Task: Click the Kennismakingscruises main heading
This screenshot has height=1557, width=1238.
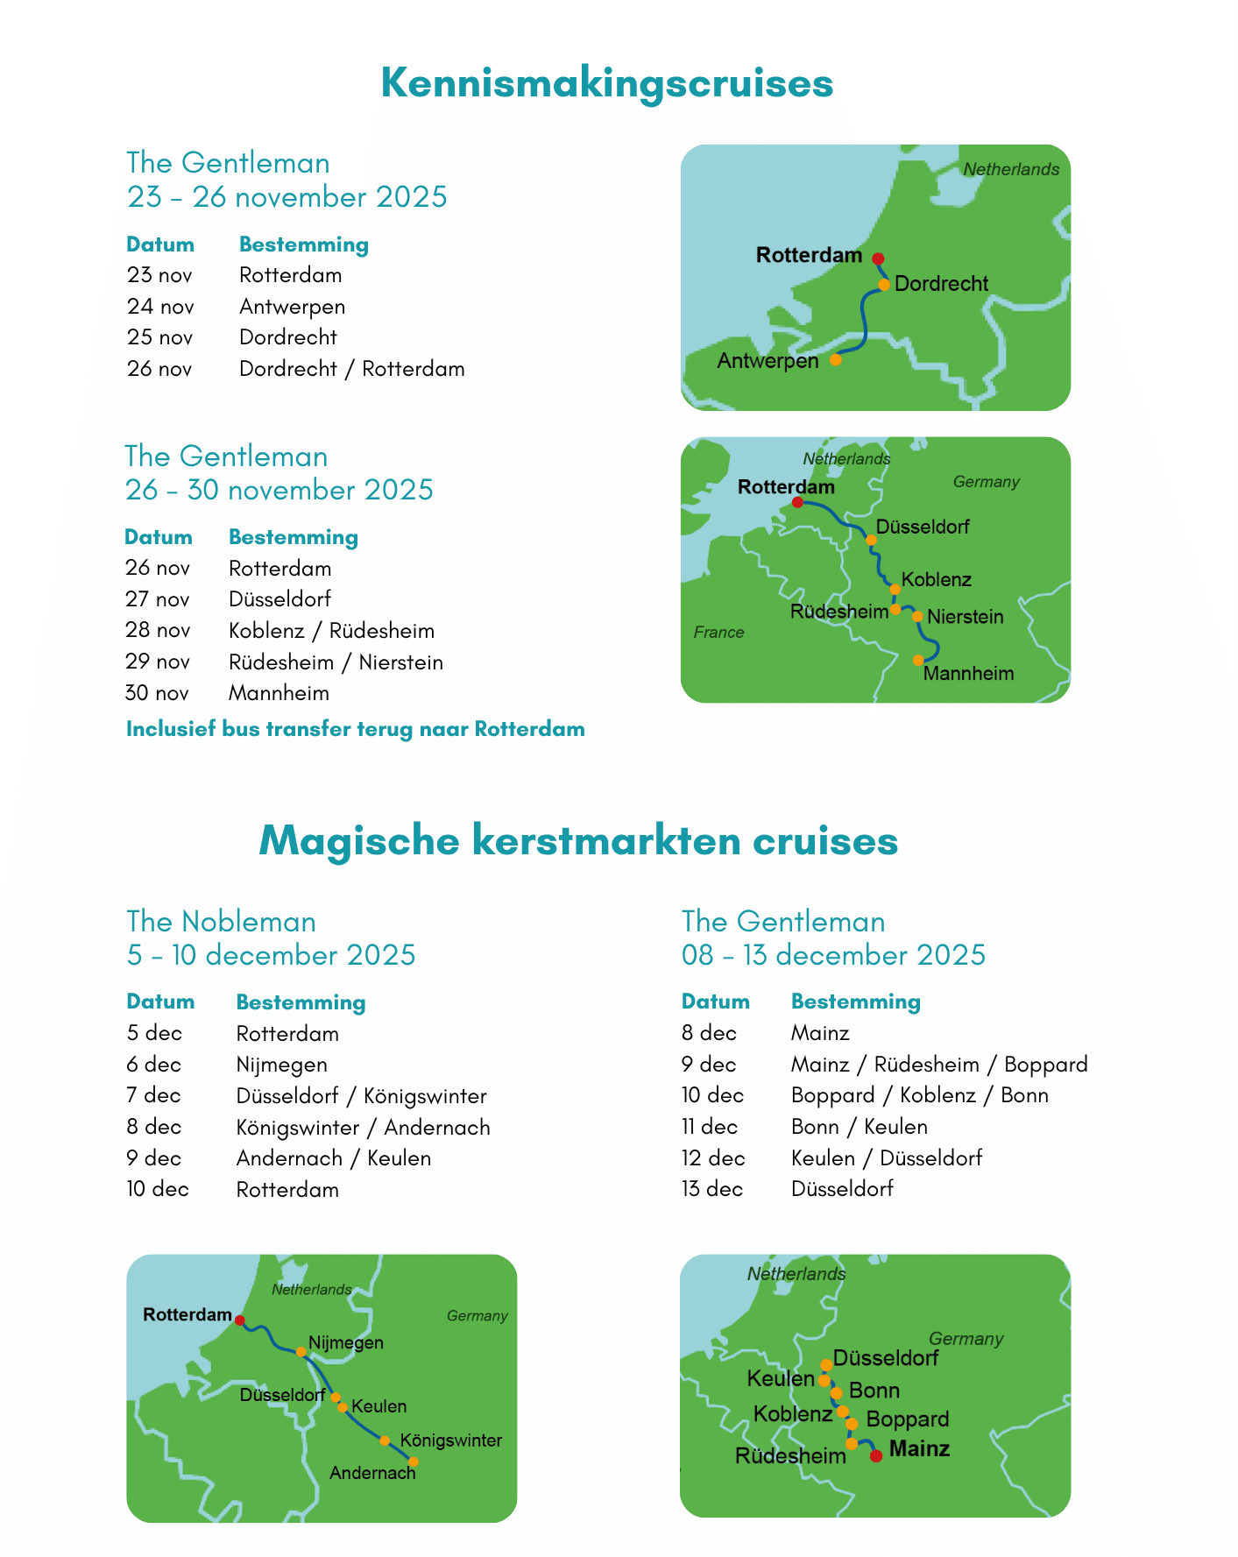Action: [606, 83]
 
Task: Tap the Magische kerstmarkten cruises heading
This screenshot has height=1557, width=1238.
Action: [578, 840]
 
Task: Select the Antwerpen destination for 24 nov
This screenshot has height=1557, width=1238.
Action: [292, 307]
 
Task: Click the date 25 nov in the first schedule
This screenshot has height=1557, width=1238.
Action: [159, 337]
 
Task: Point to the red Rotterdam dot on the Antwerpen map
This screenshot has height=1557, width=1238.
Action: [878, 258]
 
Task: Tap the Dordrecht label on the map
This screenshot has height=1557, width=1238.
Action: [941, 284]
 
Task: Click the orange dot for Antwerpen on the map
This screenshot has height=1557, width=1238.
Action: [836, 359]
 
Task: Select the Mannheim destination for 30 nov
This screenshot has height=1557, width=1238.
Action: [279, 693]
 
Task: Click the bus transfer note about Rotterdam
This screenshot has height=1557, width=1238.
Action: [355, 729]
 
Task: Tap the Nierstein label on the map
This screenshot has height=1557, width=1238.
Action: [965, 617]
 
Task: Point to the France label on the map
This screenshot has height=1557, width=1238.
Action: [718, 633]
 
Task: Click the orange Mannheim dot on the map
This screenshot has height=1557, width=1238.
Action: [918, 660]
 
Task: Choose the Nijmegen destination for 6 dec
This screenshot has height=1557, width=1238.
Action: [281, 1065]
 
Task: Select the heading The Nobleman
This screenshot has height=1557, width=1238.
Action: [221, 922]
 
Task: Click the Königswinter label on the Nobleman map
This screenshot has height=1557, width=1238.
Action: [450, 1440]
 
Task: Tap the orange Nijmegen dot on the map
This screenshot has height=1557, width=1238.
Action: [301, 1351]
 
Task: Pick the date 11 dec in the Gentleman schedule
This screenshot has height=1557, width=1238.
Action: [709, 1127]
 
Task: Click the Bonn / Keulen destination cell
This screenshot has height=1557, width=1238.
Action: [859, 1127]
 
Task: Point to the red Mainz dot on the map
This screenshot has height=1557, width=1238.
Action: [875, 1455]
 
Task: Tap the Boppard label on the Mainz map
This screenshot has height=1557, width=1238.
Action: [907, 1419]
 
